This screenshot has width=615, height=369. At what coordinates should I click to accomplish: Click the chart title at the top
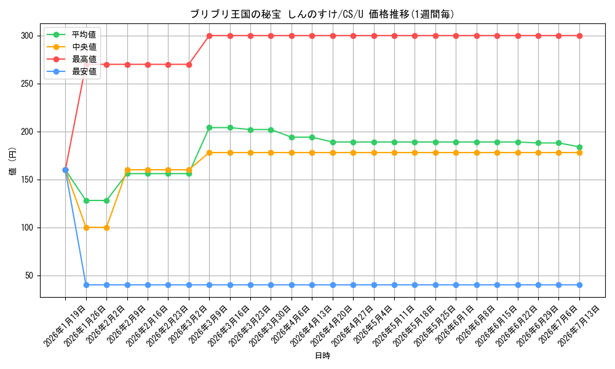coord(322,14)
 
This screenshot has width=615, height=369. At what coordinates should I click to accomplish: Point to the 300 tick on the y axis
coord(27,36)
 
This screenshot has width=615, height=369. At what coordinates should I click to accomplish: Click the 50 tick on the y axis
coord(30,276)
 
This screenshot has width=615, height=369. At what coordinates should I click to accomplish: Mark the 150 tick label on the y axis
coord(27,180)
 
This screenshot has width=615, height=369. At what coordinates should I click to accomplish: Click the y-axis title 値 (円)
coord(13,161)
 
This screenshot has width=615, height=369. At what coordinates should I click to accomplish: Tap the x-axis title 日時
coord(322,355)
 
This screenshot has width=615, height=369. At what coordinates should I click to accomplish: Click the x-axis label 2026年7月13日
coord(578,326)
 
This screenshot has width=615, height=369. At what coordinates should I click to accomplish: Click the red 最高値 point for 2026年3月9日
coord(210,36)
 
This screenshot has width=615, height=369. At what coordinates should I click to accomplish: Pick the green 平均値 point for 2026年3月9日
coord(210,128)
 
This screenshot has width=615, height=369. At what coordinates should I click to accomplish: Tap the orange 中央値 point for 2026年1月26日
coord(86,228)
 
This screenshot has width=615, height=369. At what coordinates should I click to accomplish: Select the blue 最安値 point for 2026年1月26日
coord(86,285)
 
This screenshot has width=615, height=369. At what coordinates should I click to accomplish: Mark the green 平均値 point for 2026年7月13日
coord(579,148)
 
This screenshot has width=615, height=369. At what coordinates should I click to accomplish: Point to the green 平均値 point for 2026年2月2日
coord(106,200)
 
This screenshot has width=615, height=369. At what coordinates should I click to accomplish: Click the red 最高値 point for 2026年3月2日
coord(189,65)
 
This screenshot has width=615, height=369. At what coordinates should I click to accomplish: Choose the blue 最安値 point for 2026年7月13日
coord(579,285)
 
